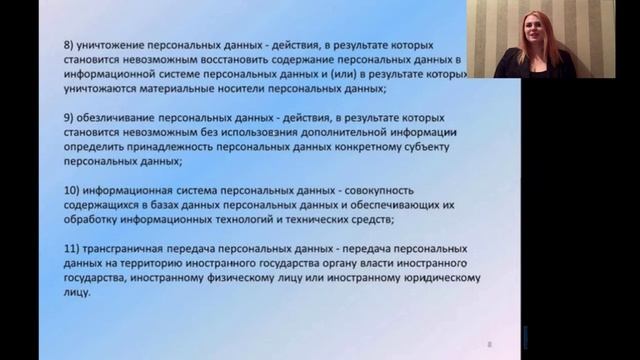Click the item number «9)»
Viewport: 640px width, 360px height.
[x=68, y=117]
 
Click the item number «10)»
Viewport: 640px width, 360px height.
[x=71, y=190]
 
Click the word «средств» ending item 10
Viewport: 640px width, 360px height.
[x=370, y=219]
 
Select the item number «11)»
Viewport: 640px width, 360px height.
[x=71, y=248]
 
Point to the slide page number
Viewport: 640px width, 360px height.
[x=489, y=344]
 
